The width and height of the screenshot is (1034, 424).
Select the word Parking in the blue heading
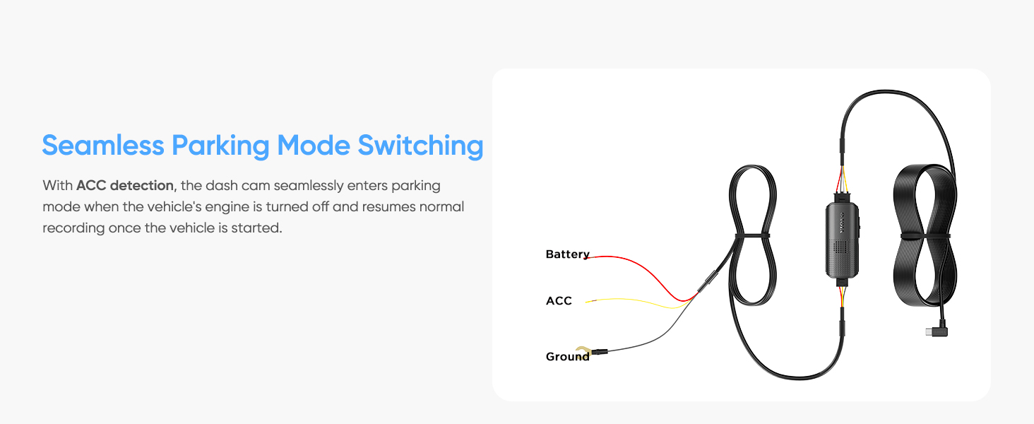pyautogui.click(x=220, y=146)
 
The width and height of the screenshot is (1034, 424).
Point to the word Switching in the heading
pyautogui.click(x=420, y=146)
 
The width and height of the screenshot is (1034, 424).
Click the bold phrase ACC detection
pyautogui.click(x=124, y=186)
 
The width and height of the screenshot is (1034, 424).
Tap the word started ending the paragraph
pyautogui.click(x=258, y=228)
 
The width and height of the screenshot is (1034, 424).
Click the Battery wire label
pyautogui.click(x=567, y=254)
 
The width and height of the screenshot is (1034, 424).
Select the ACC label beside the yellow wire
pyautogui.click(x=559, y=301)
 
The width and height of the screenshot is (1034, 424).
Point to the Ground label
pyautogui.click(x=567, y=357)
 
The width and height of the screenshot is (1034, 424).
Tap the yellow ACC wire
pyautogui.click(x=636, y=302)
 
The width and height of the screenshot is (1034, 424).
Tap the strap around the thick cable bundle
pyautogui.click(x=922, y=235)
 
